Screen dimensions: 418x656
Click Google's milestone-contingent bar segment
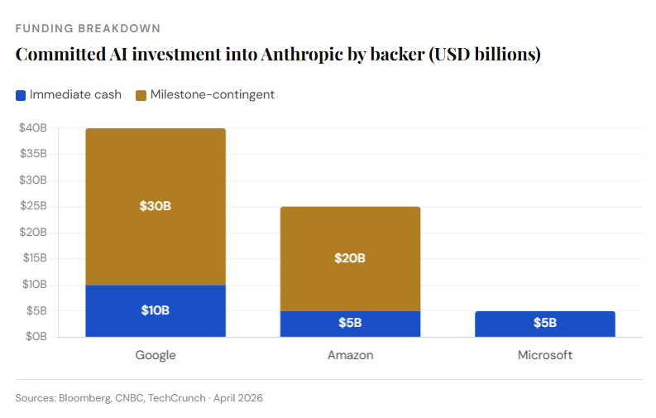click(x=156, y=178)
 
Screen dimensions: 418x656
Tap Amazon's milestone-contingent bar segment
click(x=350, y=236)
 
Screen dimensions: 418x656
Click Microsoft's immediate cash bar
click(x=544, y=324)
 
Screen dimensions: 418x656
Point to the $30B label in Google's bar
click(x=156, y=205)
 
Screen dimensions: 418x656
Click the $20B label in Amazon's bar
click(x=350, y=257)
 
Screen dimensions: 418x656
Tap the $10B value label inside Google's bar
click(x=156, y=310)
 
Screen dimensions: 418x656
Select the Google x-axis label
click(x=156, y=355)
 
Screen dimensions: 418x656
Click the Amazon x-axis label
click(x=350, y=355)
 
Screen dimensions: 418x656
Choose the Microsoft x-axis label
click(x=544, y=355)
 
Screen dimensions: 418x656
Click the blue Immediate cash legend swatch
click(x=21, y=94)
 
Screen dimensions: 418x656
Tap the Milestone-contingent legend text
click(x=213, y=94)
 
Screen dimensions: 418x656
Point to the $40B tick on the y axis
click(x=33, y=128)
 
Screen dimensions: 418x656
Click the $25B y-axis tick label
click(x=33, y=206)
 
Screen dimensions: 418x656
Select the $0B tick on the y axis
click(x=36, y=337)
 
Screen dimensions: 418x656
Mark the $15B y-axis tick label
click(x=34, y=258)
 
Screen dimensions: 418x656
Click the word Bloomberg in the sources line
click(x=84, y=398)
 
